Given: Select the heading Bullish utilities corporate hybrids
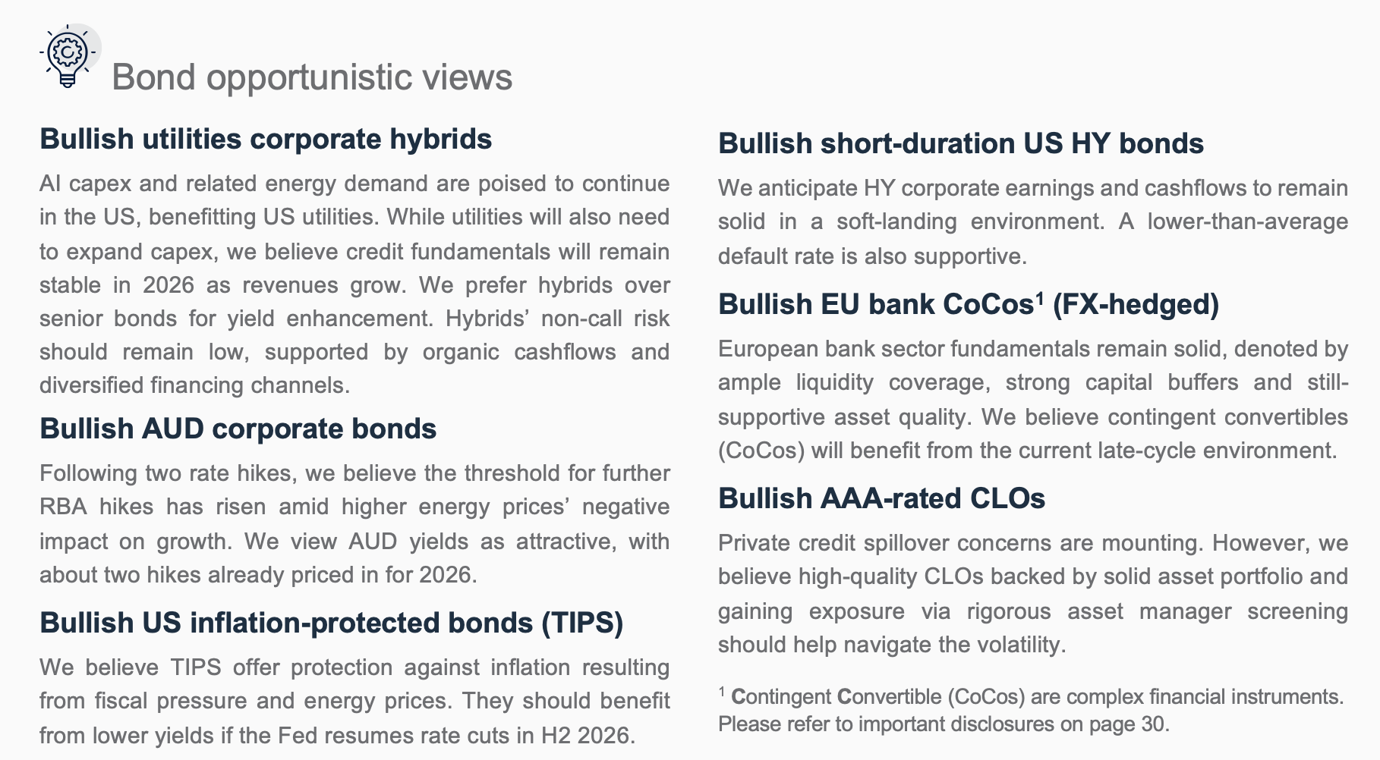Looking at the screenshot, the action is tap(266, 140).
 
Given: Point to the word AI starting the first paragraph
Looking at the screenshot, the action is tap(50, 184).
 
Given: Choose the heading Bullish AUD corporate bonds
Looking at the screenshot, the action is tap(238, 429).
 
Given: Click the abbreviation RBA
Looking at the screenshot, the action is tap(63, 507).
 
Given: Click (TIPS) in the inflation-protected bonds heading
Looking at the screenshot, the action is tap(581, 623).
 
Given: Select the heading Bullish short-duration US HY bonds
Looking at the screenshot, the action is tap(961, 144).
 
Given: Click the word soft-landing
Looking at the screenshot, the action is tap(896, 222).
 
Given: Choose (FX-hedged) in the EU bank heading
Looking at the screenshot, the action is tap(1136, 305).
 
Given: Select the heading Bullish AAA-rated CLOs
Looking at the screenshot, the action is tap(881, 499).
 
